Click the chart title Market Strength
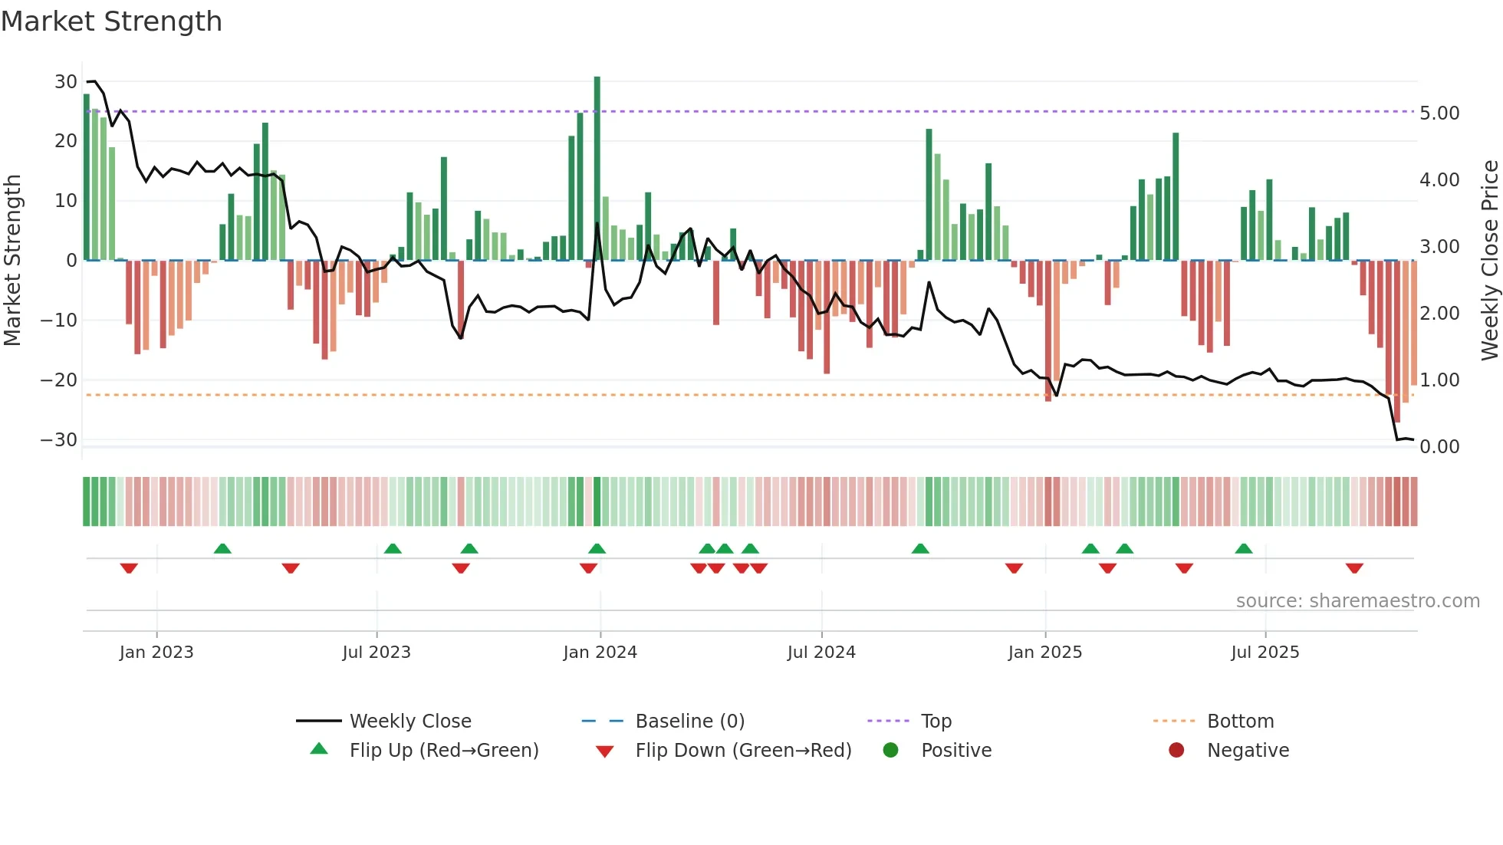coord(111,21)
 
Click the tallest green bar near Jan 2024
coord(597,169)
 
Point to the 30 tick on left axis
coord(66,82)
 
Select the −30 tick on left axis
coord(59,440)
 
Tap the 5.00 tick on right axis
coord(1439,113)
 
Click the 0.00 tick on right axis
coord(1439,447)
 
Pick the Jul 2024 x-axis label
coord(821,653)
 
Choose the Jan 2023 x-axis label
coord(156,653)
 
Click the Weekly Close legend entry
coord(410,722)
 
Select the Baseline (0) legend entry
coord(689,722)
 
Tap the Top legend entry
coord(936,722)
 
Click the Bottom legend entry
coord(1240,722)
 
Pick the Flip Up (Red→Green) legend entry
coord(444,751)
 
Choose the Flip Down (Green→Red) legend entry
coord(743,751)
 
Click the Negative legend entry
coord(1248,751)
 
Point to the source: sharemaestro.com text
coord(1357,601)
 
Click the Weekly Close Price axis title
coord(1489,261)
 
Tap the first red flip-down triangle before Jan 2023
coord(129,568)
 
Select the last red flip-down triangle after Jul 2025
coord(1354,568)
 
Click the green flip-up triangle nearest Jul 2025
coord(1244,548)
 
